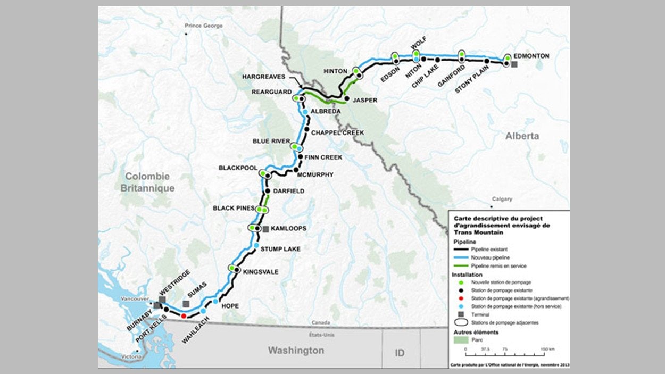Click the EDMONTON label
532,56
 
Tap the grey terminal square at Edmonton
514,64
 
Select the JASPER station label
364,100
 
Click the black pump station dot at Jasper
347,99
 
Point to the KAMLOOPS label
288,229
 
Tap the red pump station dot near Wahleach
184,316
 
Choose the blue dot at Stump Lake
256,246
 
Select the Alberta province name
522,136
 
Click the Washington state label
295,351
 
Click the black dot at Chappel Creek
307,129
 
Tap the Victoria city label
131,356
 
